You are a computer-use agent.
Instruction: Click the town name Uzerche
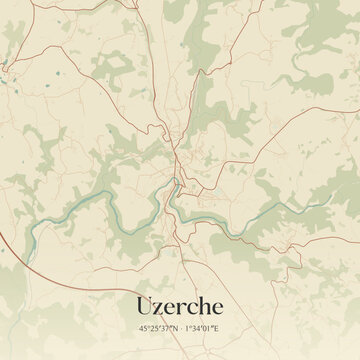click(x=180, y=304)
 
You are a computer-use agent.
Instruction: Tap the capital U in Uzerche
click(x=142, y=304)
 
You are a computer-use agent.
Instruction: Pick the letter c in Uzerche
click(x=194, y=306)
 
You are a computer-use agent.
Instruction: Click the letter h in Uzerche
click(x=207, y=304)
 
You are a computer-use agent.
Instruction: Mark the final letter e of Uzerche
click(x=220, y=306)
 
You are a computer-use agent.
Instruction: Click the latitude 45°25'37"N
click(x=157, y=327)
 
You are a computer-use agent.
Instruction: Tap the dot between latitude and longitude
click(x=181, y=327)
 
